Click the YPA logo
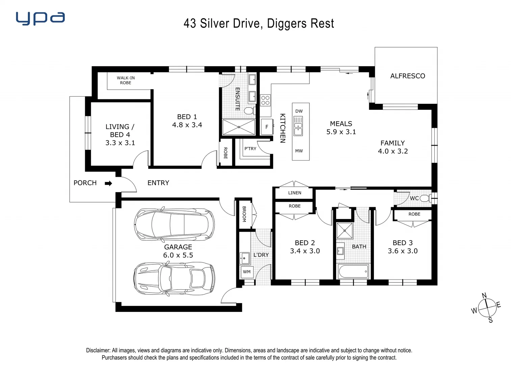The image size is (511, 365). click(x=40, y=18)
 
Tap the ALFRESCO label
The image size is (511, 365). click(x=408, y=76)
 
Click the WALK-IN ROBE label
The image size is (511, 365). click(x=126, y=80)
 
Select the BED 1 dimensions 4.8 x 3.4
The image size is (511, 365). click(x=187, y=125)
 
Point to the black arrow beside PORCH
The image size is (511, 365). click(x=108, y=183)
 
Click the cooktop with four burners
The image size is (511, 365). click(x=265, y=100)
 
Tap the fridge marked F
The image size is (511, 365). click(x=267, y=127)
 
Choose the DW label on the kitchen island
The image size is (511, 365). click(x=299, y=111)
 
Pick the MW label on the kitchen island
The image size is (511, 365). click(x=299, y=151)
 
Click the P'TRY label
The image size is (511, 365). click(x=250, y=149)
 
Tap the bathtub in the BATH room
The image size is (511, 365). click(x=353, y=271)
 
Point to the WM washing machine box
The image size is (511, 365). click(x=247, y=272)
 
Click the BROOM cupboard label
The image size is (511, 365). click(x=244, y=214)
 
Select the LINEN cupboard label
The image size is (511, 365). click(x=295, y=193)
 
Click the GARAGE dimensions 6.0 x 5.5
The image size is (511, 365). click(x=178, y=255)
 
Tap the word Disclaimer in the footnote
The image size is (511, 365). click(x=98, y=350)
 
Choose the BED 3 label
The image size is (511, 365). click(x=403, y=243)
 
